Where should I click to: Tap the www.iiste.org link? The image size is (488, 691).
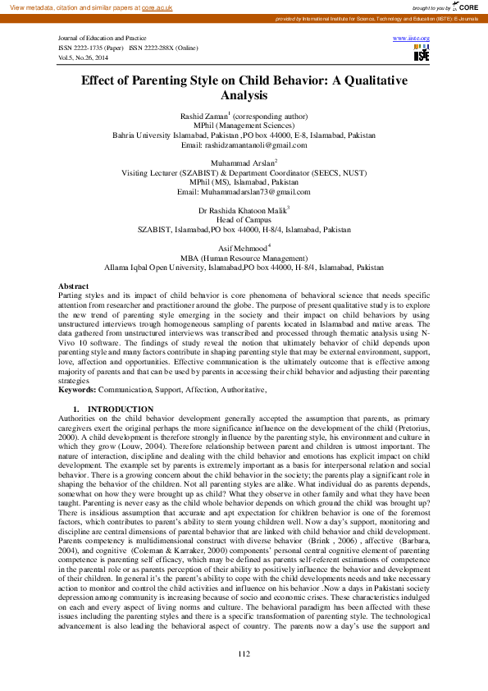pos(412,39)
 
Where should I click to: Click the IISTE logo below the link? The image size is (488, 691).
pos(422,54)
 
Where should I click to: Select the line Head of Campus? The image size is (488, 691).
pos(244,221)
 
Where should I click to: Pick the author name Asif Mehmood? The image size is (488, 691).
pos(241,248)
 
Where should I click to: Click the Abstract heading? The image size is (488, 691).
pos(75,285)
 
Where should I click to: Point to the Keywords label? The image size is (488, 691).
pos(77,390)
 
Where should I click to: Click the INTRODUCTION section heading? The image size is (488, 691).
pos(120,409)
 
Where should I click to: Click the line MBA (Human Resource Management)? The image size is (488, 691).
pos(244,258)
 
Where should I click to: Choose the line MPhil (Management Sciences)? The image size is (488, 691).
pos(244,126)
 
